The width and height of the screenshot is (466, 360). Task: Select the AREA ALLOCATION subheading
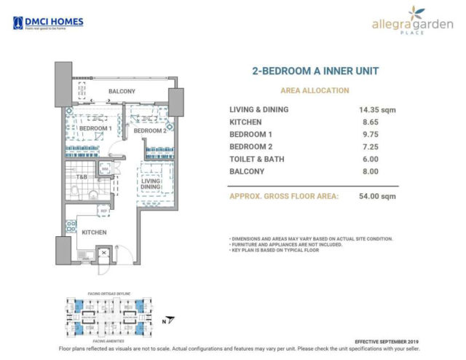[x=315, y=90]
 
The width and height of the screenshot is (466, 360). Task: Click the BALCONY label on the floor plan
[x=123, y=92]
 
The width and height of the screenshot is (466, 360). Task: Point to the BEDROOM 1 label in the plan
[x=95, y=128]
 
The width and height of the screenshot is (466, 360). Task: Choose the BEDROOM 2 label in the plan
[x=150, y=130]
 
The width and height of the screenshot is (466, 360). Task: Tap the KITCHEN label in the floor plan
[x=95, y=232]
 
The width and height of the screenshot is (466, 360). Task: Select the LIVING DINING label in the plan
[x=151, y=185]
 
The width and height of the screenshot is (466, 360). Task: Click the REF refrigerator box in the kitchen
[x=105, y=213]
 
